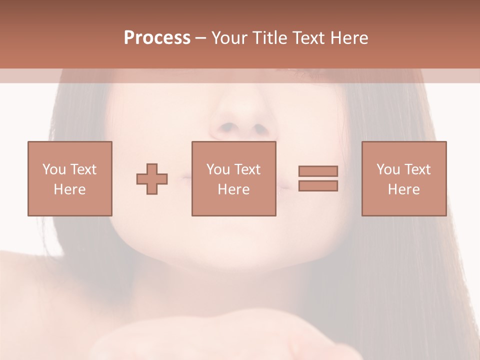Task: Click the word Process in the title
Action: (157, 38)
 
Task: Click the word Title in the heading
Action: (268, 38)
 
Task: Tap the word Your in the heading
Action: (229, 38)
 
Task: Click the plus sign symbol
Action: (152, 179)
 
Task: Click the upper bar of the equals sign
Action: (318, 171)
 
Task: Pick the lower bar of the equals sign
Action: (318, 185)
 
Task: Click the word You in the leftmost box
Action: (53, 169)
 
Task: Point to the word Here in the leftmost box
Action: (70, 189)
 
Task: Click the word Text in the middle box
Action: (247, 169)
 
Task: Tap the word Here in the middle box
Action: (234, 189)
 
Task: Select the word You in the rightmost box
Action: (387, 169)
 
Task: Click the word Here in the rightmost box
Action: (404, 189)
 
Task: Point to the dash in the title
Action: (201, 38)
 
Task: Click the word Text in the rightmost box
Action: (417, 169)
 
